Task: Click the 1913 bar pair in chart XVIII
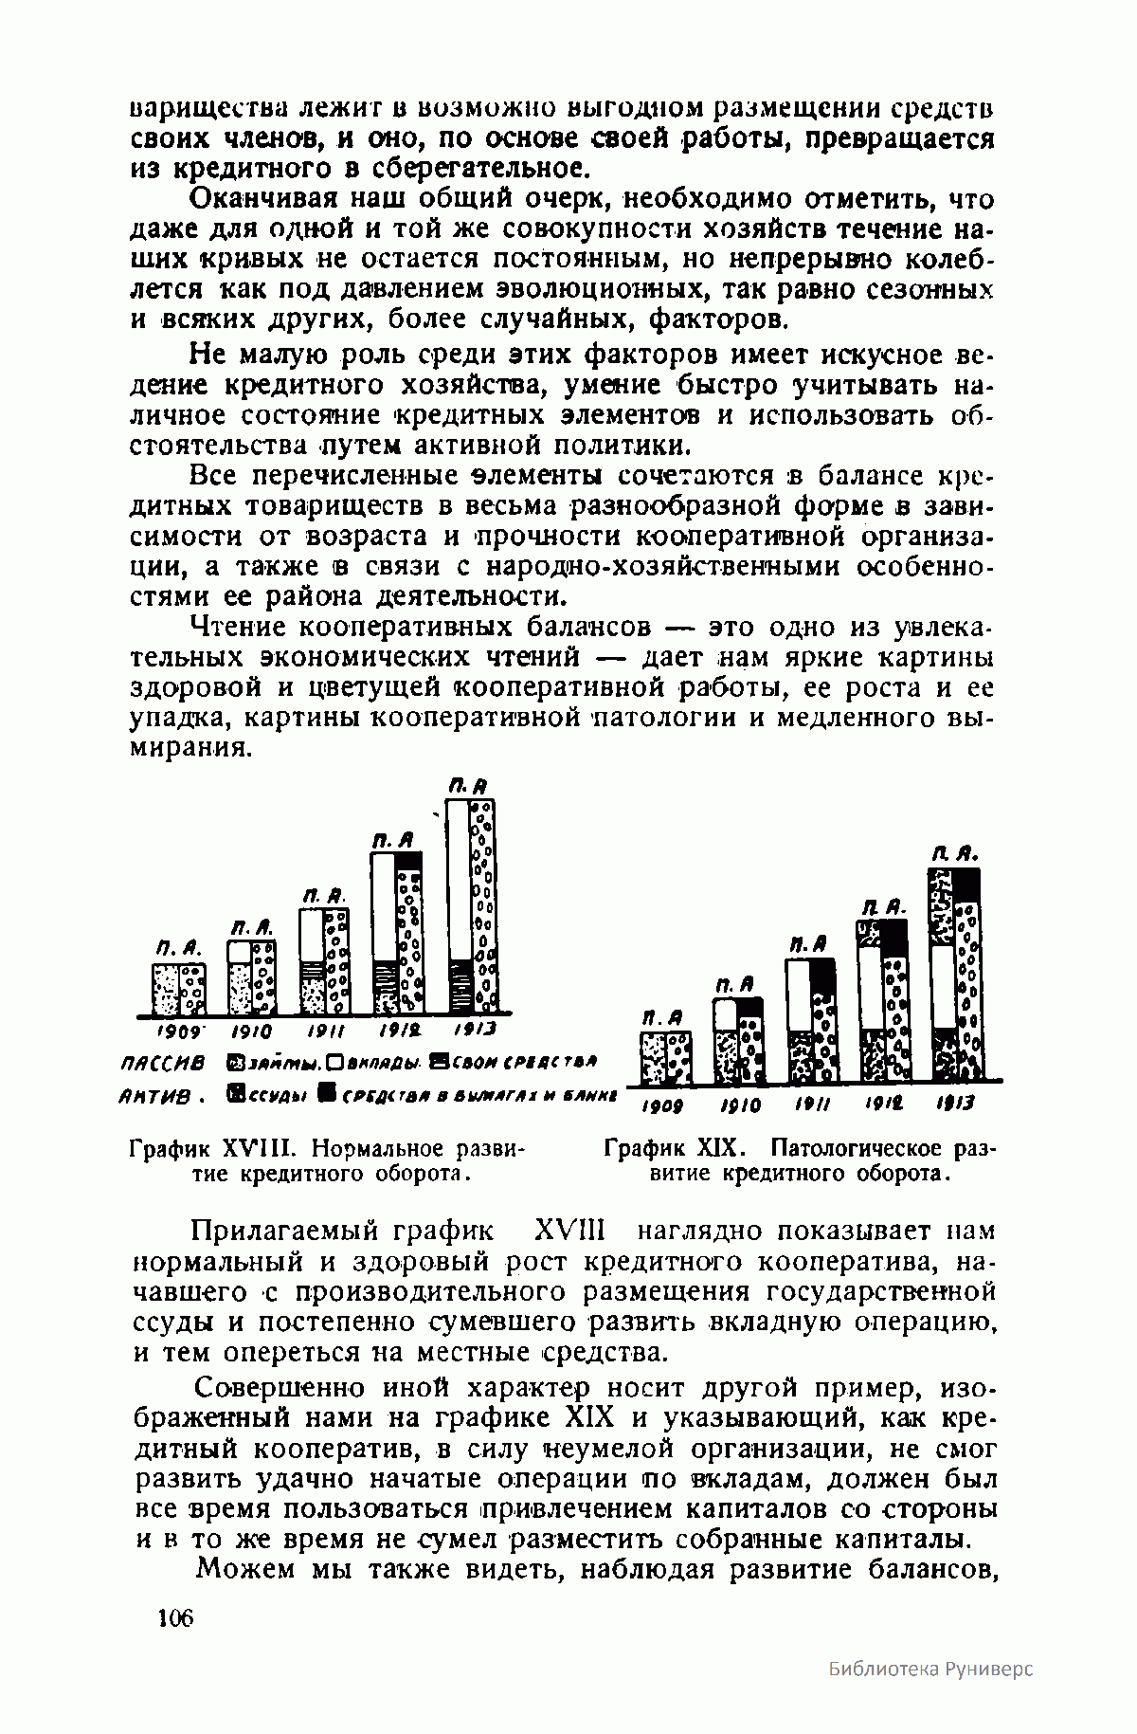[x=471, y=905]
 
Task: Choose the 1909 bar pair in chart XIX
[x=666, y=1057]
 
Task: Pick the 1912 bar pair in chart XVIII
[x=396, y=932]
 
